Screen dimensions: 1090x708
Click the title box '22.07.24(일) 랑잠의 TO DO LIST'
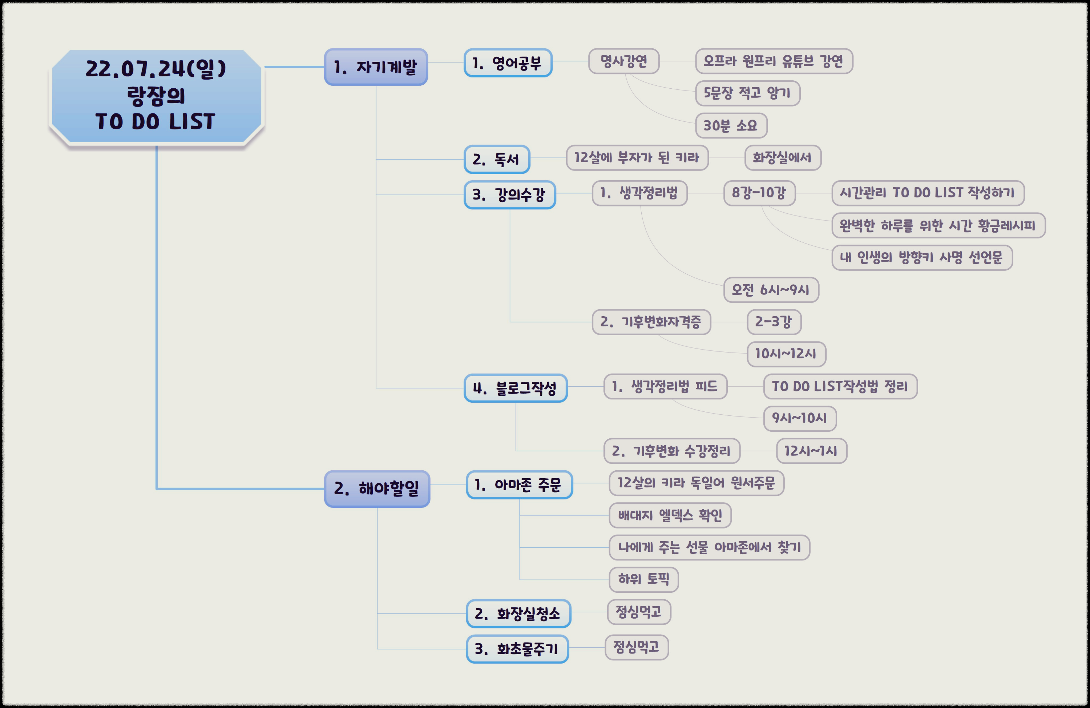pos(156,96)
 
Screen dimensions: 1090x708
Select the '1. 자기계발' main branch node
pos(376,67)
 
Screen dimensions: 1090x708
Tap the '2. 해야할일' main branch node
pos(376,488)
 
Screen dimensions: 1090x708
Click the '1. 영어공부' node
pos(508,63)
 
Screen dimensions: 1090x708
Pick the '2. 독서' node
pos(496,160)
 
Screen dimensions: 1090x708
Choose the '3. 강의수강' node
pos(509,195)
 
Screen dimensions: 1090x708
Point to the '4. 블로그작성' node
pos(515,388)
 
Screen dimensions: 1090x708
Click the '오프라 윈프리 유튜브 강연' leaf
pos(774,61)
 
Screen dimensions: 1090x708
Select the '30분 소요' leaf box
pos(731,125)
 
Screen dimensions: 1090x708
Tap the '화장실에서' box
pos(782,158)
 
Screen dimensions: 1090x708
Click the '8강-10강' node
pos(759,193)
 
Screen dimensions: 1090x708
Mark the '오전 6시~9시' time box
pos(771,290)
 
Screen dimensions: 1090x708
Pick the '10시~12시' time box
pos(786,354)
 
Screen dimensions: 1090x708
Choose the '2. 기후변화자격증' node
pos(651,322)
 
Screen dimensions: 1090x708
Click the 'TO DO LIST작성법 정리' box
pos(840,386)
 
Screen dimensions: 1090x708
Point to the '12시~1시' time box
pos(811,451)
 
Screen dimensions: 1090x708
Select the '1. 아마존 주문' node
pos(519,485)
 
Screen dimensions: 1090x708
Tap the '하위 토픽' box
pos(643,579)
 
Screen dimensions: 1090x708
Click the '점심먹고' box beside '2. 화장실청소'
pos(639,612)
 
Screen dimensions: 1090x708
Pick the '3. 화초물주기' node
pos(517,649)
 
